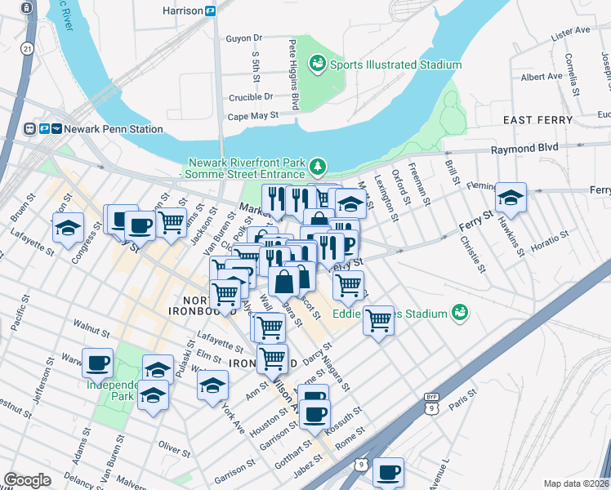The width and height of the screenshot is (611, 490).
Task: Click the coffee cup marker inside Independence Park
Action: [99, 362]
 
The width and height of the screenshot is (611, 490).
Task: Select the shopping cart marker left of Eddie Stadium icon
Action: [378, 320]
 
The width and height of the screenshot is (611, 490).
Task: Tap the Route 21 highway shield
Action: [28, 49]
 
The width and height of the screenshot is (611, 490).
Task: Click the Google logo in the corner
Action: [27, 480]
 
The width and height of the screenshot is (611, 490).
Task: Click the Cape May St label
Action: [253, 117]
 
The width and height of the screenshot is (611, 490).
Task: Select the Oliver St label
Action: [175, 447]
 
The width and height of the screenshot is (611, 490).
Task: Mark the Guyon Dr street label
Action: [243, 38]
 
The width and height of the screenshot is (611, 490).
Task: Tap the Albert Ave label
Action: [542, 77]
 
